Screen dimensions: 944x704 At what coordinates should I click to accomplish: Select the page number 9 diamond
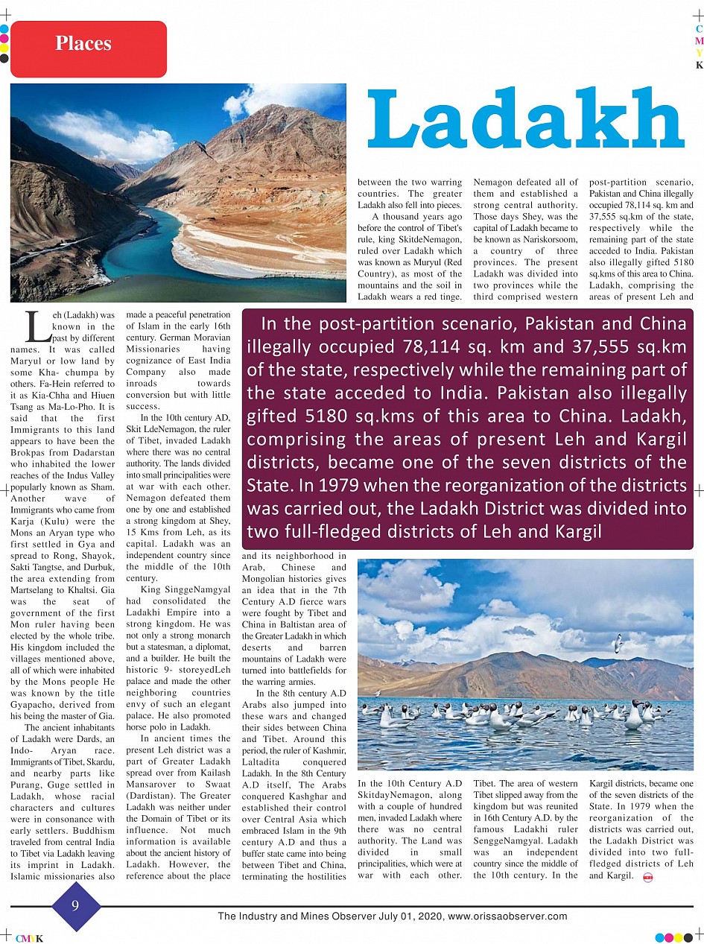pos(75,906)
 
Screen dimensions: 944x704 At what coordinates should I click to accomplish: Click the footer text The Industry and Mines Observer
pos(305,916)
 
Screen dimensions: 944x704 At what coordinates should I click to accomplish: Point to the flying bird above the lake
pos(618,642)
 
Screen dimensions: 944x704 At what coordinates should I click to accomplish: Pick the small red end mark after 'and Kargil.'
pos(647,876)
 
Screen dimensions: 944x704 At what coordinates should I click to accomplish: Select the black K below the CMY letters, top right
pos(699,65)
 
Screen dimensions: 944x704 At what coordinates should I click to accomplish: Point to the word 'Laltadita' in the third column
pos(264,761)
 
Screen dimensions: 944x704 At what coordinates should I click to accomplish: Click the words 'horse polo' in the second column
pos(149,727)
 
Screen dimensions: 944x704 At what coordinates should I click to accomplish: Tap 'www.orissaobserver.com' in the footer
pos(508,916)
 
